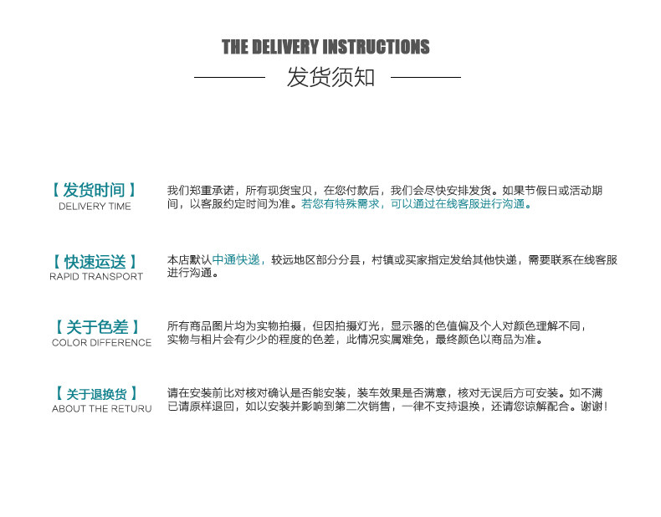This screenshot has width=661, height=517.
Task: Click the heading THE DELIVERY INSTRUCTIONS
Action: pos(325,47)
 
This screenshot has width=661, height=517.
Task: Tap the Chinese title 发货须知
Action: pos(330,78)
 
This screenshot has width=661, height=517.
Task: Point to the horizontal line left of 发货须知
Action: pos(229,78)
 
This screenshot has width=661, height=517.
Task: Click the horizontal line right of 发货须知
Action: pos(425,78)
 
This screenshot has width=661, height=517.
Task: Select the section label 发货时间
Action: pos(95,191)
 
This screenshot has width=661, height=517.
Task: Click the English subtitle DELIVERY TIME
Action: pos(95,207)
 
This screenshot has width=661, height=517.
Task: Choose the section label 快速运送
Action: pos(95,262)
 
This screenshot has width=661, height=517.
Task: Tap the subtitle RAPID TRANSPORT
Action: pos(95,277)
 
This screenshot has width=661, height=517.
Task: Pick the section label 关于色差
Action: pos(97,327)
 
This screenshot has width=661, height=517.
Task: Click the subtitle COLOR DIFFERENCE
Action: pos(101,342)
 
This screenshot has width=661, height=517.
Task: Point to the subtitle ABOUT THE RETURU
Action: pos(101,409)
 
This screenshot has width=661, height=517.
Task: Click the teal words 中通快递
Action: pos(237,260)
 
